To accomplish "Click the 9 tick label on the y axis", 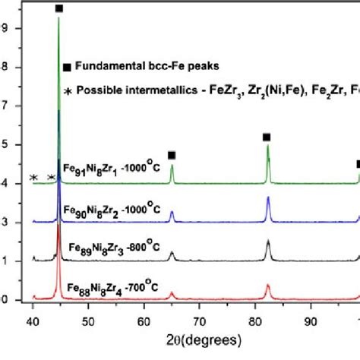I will point(5,28).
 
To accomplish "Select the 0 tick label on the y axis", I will point(5,299).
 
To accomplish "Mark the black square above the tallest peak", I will point(59,8).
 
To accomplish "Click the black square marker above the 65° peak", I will point(172,155).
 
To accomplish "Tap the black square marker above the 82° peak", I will point(267,137).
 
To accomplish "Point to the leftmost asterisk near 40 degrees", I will point(33,178).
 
